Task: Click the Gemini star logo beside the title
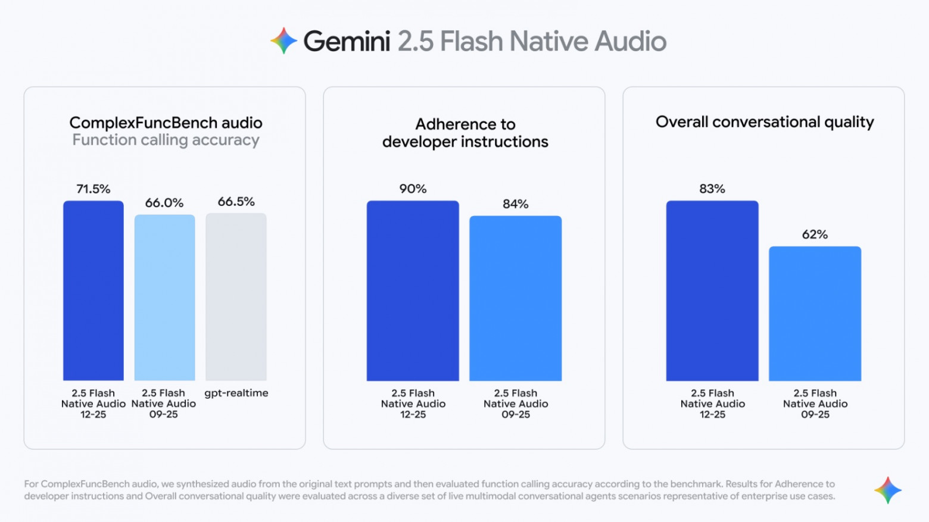coord(283,41)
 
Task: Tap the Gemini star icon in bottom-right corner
coord(887,490)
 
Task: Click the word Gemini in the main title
coord(347,42)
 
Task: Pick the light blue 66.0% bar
coord(164,298)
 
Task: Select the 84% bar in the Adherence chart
coord(515,298)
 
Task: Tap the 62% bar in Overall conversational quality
coord(815,314)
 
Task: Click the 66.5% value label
coord(236,202)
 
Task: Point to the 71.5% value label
coord(93,189)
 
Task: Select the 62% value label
coord(815,235)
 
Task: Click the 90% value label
coord(413,189)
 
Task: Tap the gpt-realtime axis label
coord(236,393)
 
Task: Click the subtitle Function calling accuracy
coord(166,140)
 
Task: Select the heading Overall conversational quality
coord(764,122)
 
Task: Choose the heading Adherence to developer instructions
coord(465,133)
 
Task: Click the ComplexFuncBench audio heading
coord(166,123)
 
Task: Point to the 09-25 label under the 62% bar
coord(815,414)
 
